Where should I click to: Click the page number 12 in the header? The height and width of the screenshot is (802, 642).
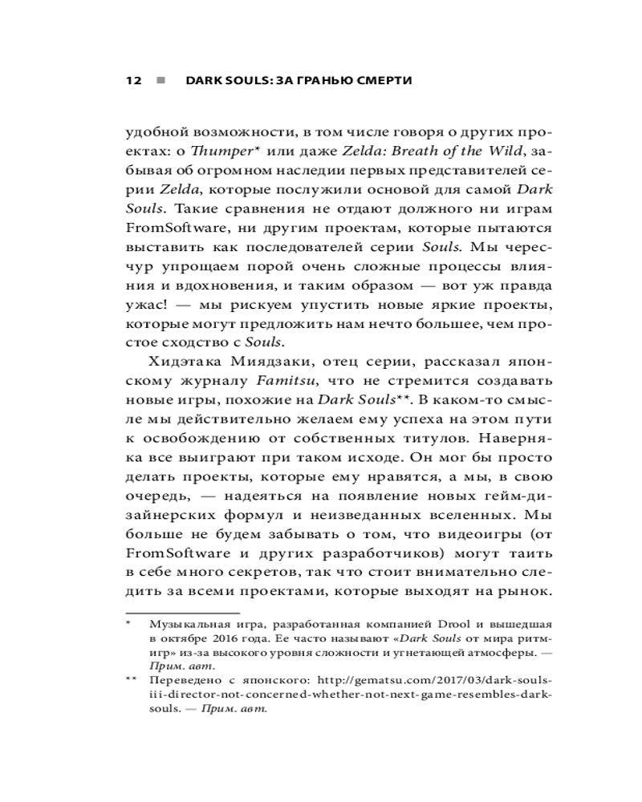(x=133, y=81)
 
